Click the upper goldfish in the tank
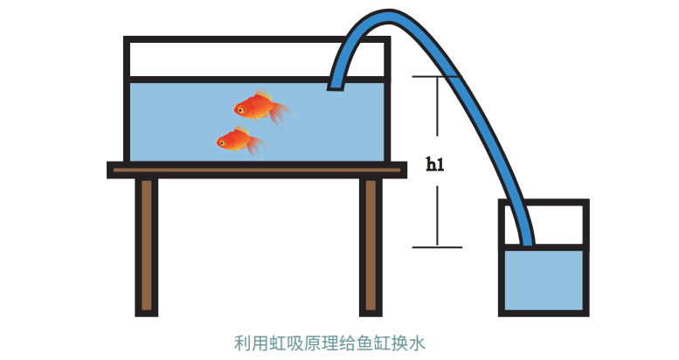[x=260, y=107]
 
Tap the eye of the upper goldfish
[x=240, y=110]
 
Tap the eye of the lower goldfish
[x=222, y=142]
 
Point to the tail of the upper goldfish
[x=281, y=113]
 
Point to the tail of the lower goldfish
[x=255, y=145]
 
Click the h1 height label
[x=435, y=164]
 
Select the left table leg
[x=146, y=247]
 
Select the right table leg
[x=371, y=247]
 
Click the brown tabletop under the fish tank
[x=257, y=170]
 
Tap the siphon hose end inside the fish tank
[x=336, y=87]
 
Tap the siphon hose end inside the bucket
[x=527, y=243]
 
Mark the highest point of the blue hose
[x=388, y=10]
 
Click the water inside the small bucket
[x=544, y=280]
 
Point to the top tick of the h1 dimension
[x=437, y=77]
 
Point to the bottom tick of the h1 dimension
[x=437, y=247]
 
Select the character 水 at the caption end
[x=417, y=343]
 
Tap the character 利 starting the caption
[x=243, y=343]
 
